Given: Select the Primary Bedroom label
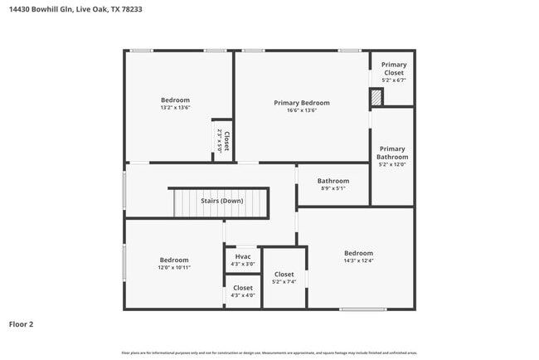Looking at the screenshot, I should tap(302, 103).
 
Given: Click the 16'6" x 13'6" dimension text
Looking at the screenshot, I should tap(302, 111).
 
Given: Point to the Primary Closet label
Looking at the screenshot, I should tap(394, 69).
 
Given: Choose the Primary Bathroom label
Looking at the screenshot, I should tap(392, 153).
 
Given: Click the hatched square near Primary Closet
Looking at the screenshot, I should tap(376, 98).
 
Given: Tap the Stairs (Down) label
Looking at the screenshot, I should tap(222, 200).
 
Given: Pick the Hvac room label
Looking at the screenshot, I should tap(243, 256).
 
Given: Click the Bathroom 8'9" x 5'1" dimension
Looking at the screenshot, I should tap(333, 188).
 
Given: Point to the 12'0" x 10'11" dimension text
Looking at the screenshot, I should tap(174, 268).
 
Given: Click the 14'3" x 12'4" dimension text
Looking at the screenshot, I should tap(358, 261).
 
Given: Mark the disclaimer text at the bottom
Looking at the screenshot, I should tap(269, 353).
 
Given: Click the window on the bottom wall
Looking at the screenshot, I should tap(363, 309).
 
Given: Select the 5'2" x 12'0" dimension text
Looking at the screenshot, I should tap(392, 164).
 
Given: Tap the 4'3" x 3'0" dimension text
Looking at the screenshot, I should tap(243, 265).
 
